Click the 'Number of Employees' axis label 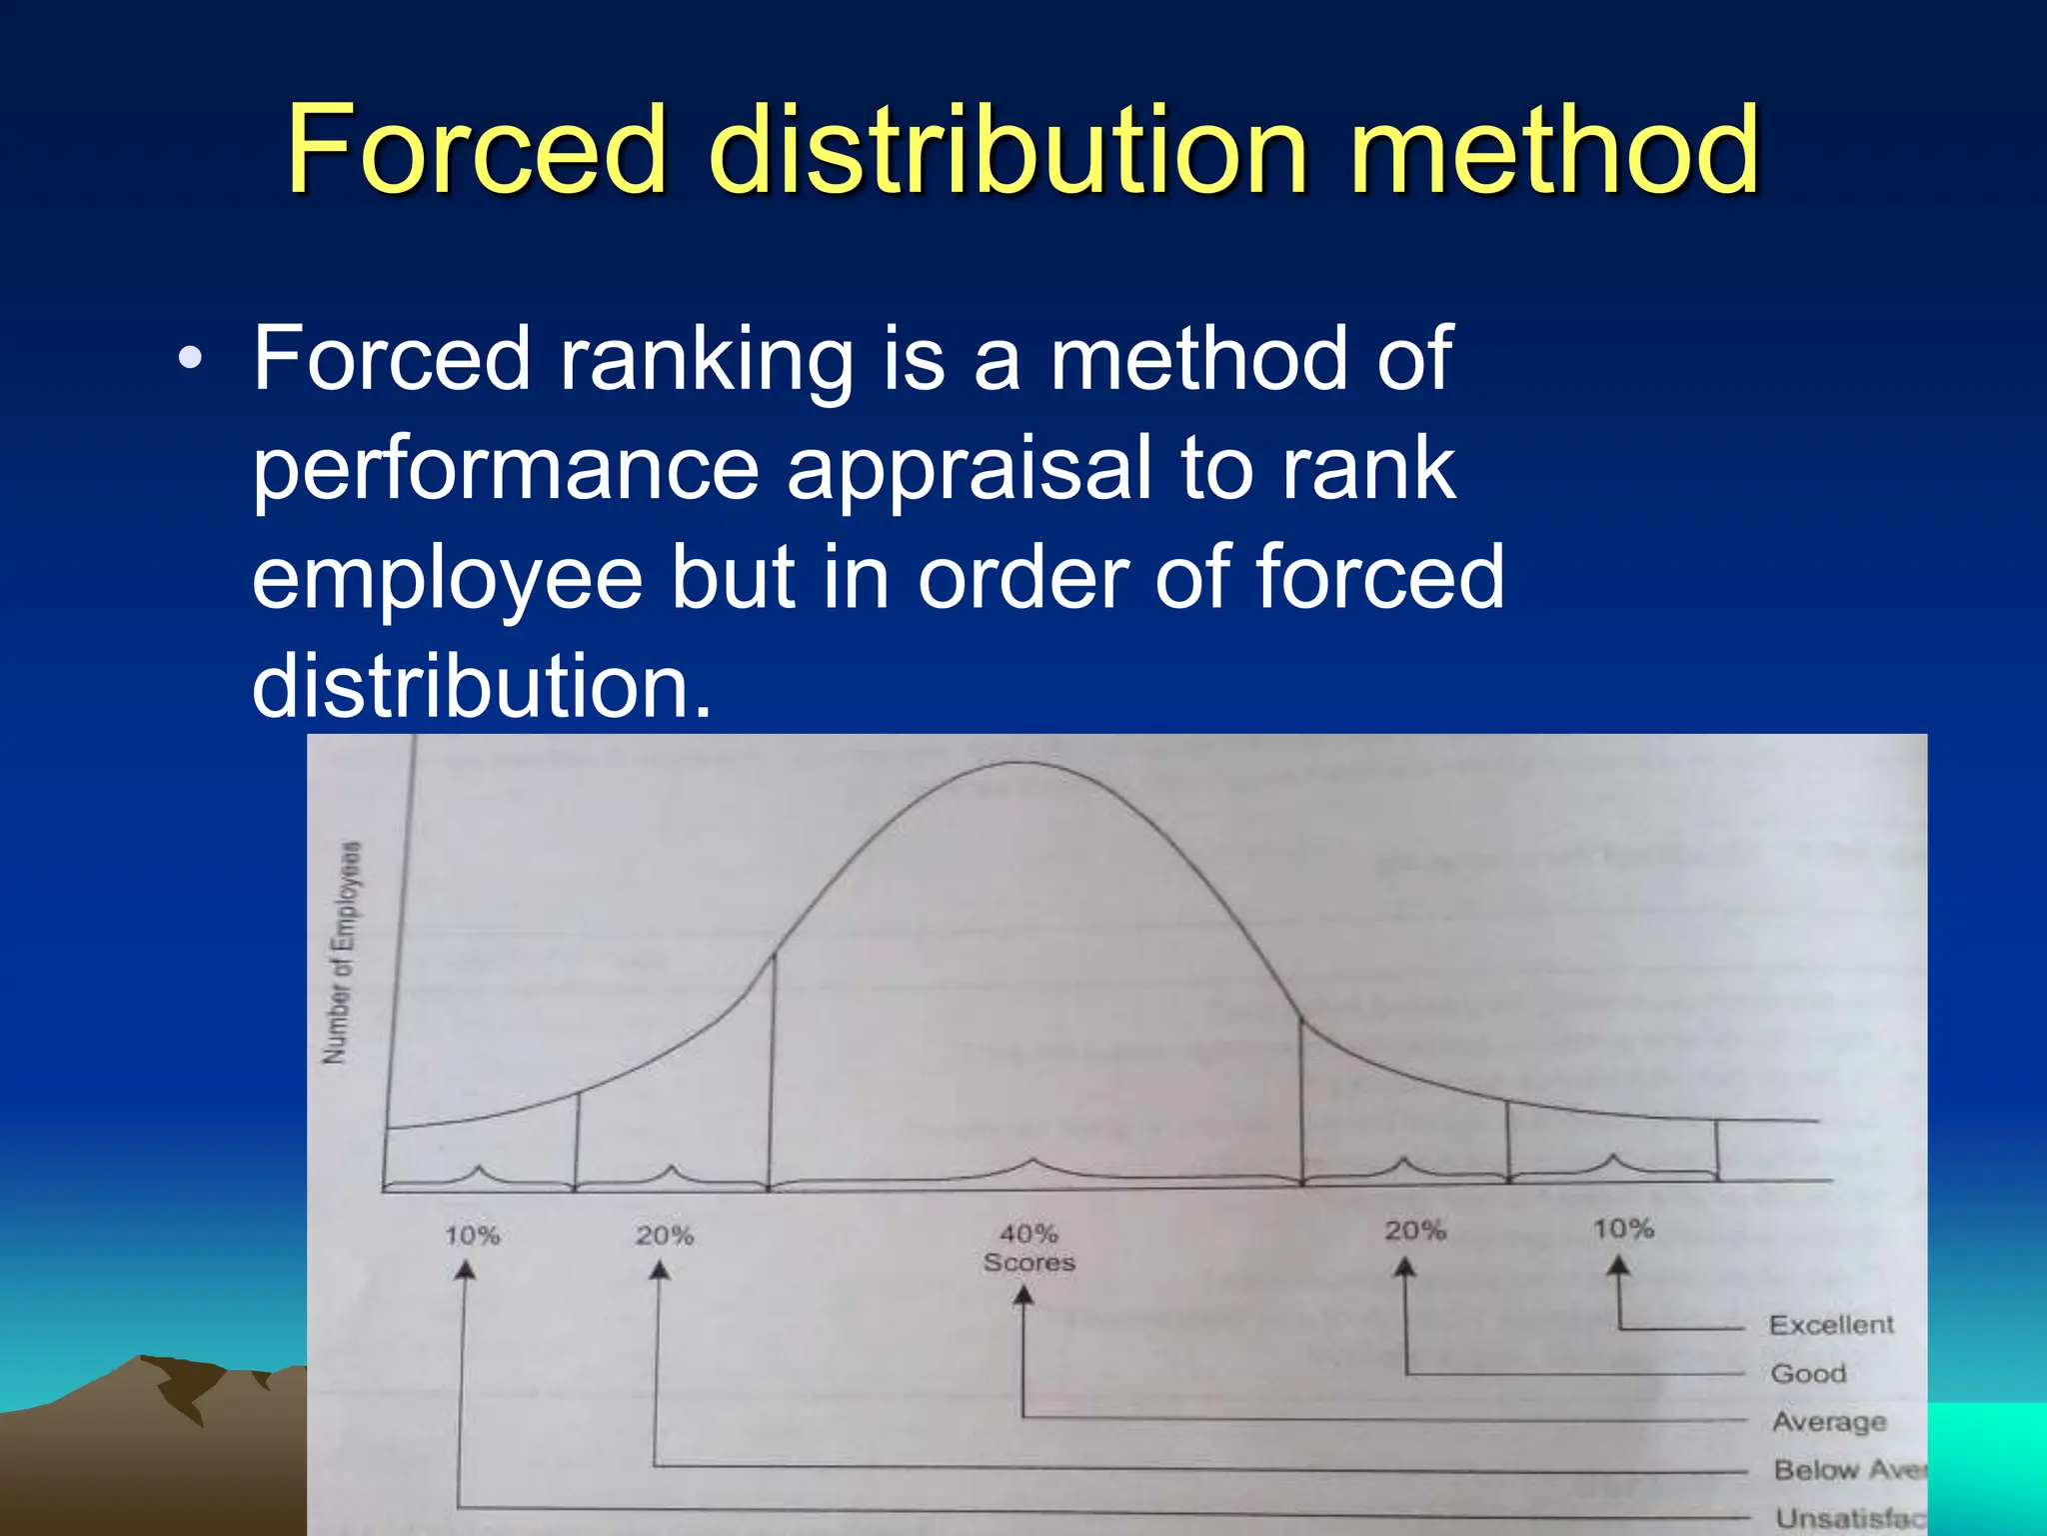click(342, 952)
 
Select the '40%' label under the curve click(1028, 1233)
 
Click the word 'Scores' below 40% click(1028, 1262)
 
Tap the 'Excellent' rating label click(1831, 1325)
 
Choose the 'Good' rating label click(1808, 1373)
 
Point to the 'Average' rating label click(1829, 1422)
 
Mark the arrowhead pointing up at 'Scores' click(1023, 1297)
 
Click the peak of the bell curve click(1020, 764)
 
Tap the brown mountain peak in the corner click(150, 1362)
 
